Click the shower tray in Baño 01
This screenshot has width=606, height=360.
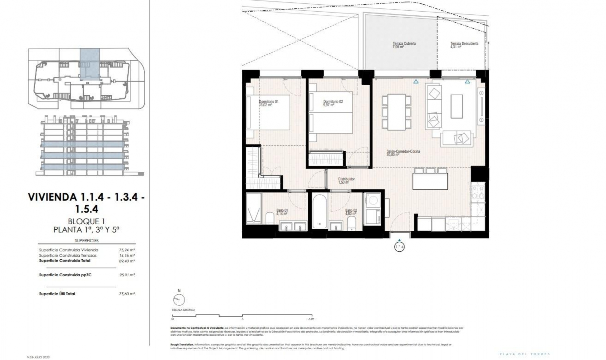254,208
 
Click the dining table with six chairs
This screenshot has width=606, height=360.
396,112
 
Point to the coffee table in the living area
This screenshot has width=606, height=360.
456,106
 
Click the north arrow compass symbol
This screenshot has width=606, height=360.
179,299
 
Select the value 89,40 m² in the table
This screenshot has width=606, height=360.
127,261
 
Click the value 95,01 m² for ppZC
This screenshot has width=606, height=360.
127,275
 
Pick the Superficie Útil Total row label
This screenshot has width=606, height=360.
57,294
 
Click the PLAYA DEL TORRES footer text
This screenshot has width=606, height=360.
525,354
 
